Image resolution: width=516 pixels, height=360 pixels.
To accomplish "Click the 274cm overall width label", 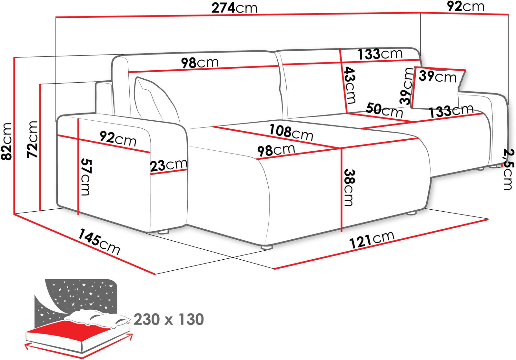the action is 234,8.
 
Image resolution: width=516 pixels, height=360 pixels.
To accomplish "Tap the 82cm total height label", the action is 6,141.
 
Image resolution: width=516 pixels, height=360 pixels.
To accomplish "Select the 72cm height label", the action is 32,139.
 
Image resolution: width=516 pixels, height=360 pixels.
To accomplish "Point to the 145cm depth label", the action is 99,242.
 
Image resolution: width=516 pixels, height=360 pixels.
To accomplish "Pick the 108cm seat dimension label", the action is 291,132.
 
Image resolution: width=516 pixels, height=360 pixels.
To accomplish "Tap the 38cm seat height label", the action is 349,188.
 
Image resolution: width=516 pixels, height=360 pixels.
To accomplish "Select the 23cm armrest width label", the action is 169,165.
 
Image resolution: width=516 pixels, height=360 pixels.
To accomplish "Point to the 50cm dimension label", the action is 384,110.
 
